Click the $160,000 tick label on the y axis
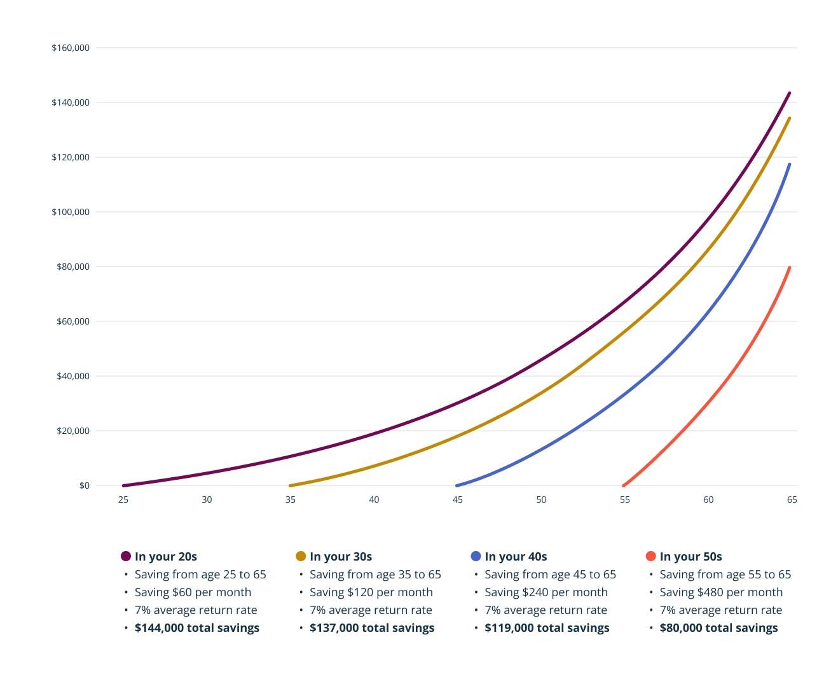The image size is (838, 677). [71, 48]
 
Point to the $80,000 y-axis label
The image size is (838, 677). [73, 267]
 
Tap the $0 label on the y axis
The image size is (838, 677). [85, 485]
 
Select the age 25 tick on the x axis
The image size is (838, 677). [123, 499]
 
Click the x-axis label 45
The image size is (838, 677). [458, 499]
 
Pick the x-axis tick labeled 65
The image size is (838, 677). [792, 499]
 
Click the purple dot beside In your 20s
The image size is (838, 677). [126, 556]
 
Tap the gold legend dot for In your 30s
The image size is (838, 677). [301, 556]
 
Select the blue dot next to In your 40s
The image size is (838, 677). [476, 556]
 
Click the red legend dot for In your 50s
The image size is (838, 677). [650, 556]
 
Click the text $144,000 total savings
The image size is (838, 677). [197, 628]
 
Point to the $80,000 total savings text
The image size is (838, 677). [718, 628]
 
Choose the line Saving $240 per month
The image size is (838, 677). [546, 592]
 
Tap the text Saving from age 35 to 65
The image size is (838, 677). [375, 575]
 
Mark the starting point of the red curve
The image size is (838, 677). [624, 485]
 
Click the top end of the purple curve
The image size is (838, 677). [789, 94]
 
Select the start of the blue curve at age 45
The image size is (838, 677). [457, 485]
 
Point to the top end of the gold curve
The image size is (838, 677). [789, 118]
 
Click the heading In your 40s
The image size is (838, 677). [516, 557]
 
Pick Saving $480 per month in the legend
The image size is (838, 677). [721, 592]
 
